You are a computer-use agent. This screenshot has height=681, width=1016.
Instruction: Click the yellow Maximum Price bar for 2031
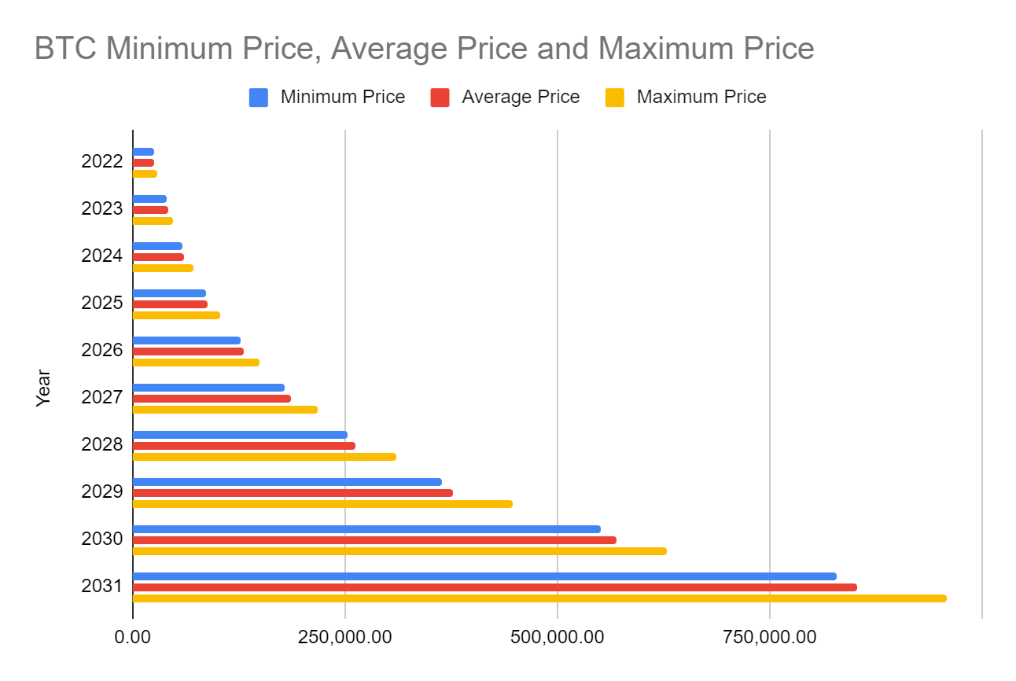click(x=539, y=598)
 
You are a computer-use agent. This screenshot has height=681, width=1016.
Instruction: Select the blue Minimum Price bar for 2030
click(x=366, y=529)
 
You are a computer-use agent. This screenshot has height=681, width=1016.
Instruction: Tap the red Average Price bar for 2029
click(x=293, y=493)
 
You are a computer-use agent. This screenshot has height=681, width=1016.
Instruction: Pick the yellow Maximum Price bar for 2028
click(x=264, y=457)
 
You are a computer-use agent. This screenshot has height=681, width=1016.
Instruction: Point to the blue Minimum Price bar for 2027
click(x=208, y=388)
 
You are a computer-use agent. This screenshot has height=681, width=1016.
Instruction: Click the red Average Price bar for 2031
click(x=495, y=587)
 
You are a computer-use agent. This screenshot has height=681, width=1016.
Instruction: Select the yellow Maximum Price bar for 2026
click(x=196, y=363)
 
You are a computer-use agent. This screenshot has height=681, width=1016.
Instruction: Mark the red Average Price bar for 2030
click(x=374, y=540)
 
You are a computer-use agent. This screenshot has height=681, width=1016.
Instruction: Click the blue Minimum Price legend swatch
click(x=259, y=98)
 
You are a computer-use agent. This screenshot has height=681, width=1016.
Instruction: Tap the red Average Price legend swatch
click(x=440, y=98)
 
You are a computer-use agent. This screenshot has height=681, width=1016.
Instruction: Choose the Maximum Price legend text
click(x=701, y=98)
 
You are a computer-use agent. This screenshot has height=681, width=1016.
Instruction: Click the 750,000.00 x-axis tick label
click(x=769, y=636)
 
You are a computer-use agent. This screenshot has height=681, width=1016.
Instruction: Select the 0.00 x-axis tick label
click(x=133, y=636)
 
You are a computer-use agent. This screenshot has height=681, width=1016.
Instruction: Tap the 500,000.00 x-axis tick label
click(x=557, y=636)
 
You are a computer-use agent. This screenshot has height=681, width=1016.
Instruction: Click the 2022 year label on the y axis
click(x=102, y=162)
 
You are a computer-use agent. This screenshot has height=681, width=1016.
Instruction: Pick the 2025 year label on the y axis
click(x=102, y=304)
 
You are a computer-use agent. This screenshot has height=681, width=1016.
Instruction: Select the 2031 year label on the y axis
click(x=102, y=587)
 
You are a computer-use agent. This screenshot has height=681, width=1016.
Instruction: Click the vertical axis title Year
click(x=43, y=388)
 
